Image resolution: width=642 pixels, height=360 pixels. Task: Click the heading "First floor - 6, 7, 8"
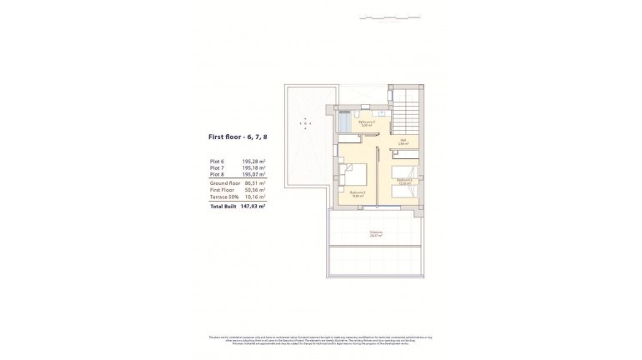(x=238, y=136)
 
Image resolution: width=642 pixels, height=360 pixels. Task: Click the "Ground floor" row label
(x=225, y=183)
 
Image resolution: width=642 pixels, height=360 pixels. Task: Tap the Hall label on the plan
(x=403, y=142)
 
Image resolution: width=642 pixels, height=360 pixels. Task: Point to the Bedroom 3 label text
(x=358, y=193)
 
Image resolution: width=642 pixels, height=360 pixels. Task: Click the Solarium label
(x=377, y=233)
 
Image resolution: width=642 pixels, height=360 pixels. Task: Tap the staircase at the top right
(x=409, y=109)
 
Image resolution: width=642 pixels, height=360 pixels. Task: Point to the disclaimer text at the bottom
(x=321, y=339)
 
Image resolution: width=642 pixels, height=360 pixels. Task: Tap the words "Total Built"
(x=222, y=205)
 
